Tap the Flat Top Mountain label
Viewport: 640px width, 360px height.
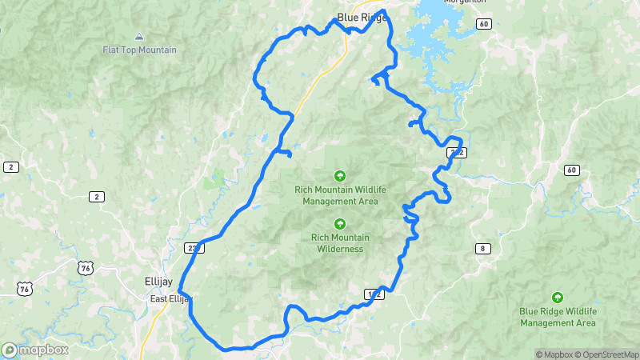[x=139, y=50]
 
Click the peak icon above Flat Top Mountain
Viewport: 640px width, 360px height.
[x=139, y=36]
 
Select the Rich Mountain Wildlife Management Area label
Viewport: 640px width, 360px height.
[x=339, y=195]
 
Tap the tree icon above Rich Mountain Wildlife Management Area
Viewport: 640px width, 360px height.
[x=339, y=175]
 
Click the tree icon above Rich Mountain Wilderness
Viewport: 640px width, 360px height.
[x=339, y=223]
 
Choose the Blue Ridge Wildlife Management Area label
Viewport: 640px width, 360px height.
[x=558, y=317]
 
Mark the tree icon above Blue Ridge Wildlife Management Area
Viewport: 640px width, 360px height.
[x=558, y=297]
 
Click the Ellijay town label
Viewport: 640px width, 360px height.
[x=154, y=282]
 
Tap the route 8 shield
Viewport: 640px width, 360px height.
[x=482, y=248]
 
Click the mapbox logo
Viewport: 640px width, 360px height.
[x=34, y=350]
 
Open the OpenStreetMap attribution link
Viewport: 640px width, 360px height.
[x=606, y=354]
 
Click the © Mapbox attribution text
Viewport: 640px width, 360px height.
[x=556, y=354]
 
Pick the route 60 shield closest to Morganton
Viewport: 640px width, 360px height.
[x=484, y=25]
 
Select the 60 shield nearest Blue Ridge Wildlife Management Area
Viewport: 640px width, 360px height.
[x=570, y=170]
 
